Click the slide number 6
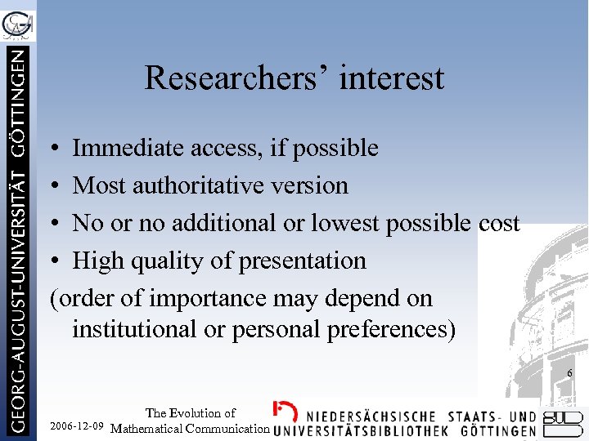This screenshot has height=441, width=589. [x=570, y=373]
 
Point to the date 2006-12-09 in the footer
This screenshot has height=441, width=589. [x=77, y=427]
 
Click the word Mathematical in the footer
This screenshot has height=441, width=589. [x=150, y=428]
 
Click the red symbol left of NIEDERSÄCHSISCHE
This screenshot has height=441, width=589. [x=284, y=412]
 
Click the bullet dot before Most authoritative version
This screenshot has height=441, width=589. [x=53, y=186]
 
